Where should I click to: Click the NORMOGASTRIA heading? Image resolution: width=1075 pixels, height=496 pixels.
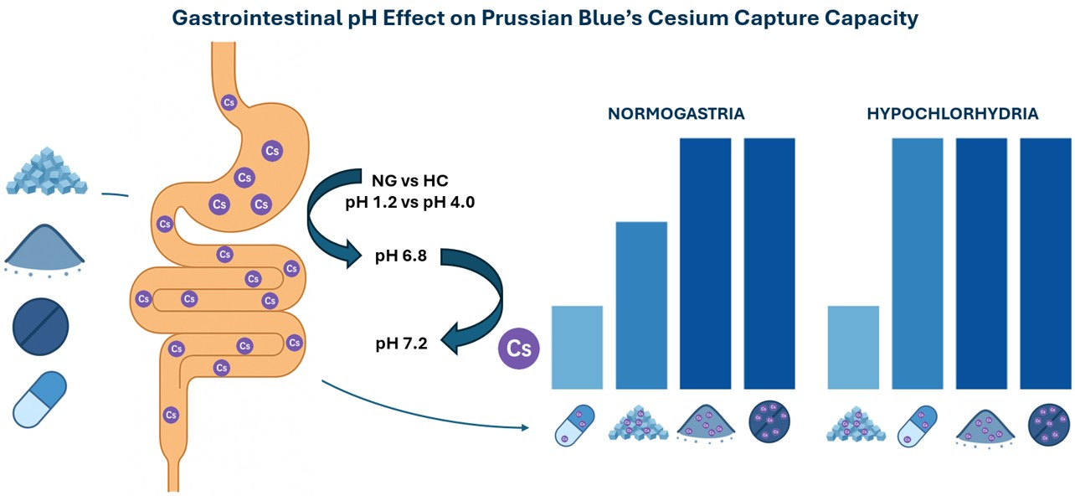[x=676, y=113]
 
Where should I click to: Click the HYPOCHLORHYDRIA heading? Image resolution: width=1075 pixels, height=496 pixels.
[x=953, y=113]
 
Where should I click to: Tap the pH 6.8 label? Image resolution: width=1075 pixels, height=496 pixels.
[x=401, y=256]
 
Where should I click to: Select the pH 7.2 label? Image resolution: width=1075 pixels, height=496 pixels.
[x=401, y=343]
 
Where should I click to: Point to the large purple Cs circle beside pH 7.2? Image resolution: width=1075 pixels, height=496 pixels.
[x=519, y=349]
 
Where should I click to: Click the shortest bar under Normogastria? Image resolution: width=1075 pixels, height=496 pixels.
[x=577, y=347]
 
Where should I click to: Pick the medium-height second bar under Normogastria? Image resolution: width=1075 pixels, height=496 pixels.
[x=641, y=305]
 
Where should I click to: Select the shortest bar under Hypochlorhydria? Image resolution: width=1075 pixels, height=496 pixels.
[x=853, y=347]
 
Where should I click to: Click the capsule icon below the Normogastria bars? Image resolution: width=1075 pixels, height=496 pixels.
[x=574, y=424]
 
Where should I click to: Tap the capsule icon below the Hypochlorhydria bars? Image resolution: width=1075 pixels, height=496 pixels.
[x=918, y=424]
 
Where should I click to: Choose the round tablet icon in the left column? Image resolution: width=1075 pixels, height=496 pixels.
[x=40, y=326]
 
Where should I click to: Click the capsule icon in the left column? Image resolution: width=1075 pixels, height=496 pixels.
[x=40, y=399]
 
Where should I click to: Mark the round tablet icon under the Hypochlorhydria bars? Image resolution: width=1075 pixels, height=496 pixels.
[x=1045, y=424]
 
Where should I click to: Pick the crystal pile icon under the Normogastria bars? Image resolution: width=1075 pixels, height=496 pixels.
[x=641, y=424]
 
